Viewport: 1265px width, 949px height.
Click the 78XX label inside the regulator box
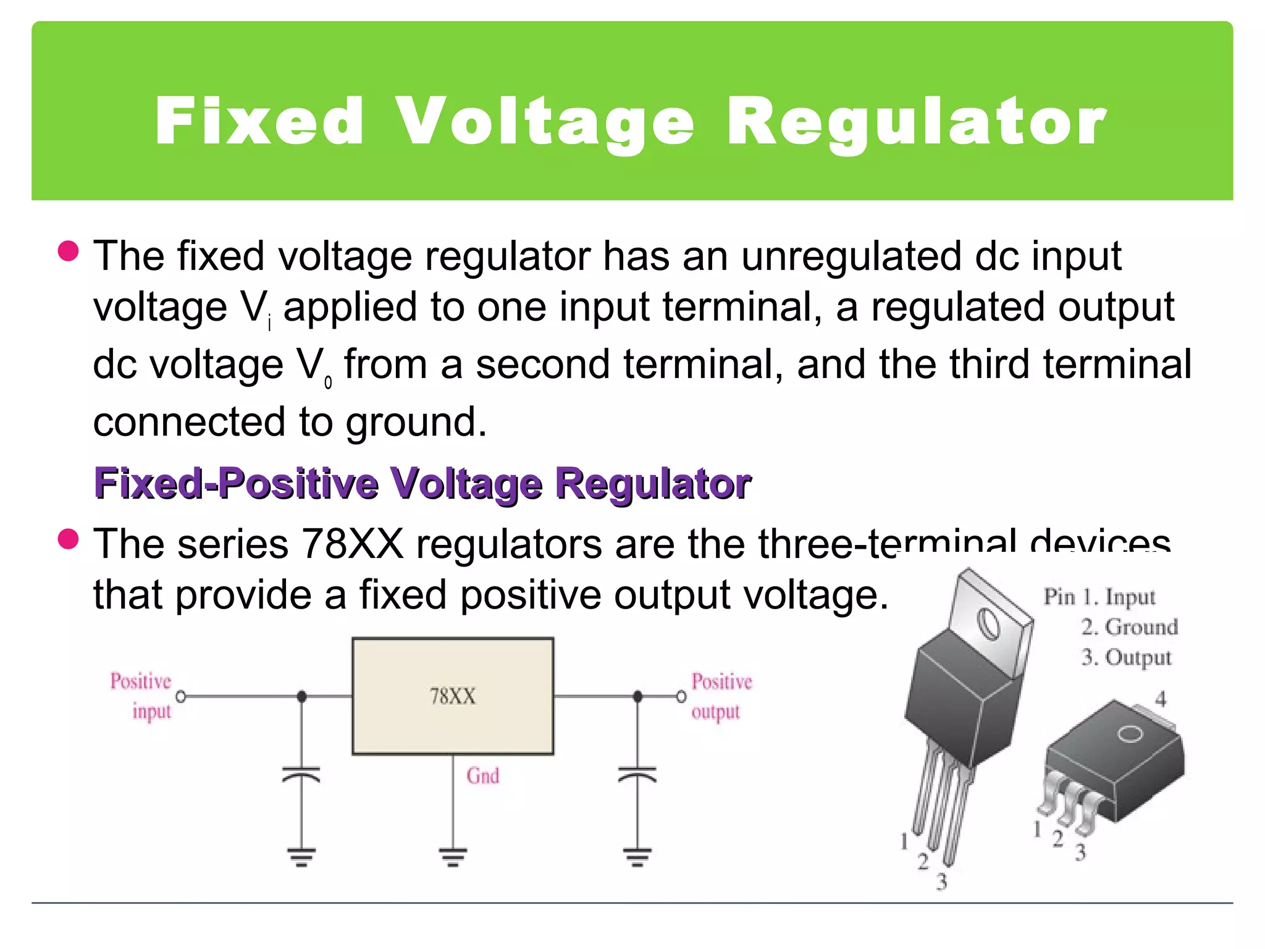click(453, 696)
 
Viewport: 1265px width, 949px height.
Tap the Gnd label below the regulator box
click(482, 776)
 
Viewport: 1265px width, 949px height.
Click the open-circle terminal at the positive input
click(181, 697)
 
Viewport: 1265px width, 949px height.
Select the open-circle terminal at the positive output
click(681, 697)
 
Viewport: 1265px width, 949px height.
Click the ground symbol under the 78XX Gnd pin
click(453, 856)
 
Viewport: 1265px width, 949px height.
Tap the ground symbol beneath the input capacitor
click(301, 856)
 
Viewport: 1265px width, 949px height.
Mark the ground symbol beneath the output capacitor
click(637, 856)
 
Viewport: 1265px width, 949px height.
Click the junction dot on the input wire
click(301, 697)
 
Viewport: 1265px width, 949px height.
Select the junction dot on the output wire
click(637, 697)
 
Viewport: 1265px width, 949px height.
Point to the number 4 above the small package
click(1161, 699)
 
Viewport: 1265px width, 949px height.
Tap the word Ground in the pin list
click(1141, 627)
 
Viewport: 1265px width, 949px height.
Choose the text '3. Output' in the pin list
click(1126, 657)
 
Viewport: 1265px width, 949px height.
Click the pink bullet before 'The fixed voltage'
click(68, 251)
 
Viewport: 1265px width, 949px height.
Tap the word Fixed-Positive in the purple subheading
click(235, 483)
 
